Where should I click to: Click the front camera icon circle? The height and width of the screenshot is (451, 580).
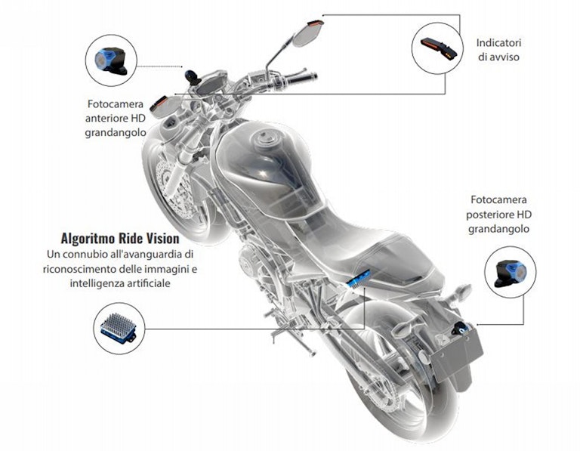point(110,59)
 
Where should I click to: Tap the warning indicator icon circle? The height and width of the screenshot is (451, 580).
point(436,48)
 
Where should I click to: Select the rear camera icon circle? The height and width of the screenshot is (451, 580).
point(511,272)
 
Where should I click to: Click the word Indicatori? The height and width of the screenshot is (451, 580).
point(499,42)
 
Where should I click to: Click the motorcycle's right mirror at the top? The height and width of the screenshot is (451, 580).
point(308,32)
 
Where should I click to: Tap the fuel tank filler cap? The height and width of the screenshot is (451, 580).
point(265,141)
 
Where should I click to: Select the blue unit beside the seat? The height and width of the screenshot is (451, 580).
point(359,279)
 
